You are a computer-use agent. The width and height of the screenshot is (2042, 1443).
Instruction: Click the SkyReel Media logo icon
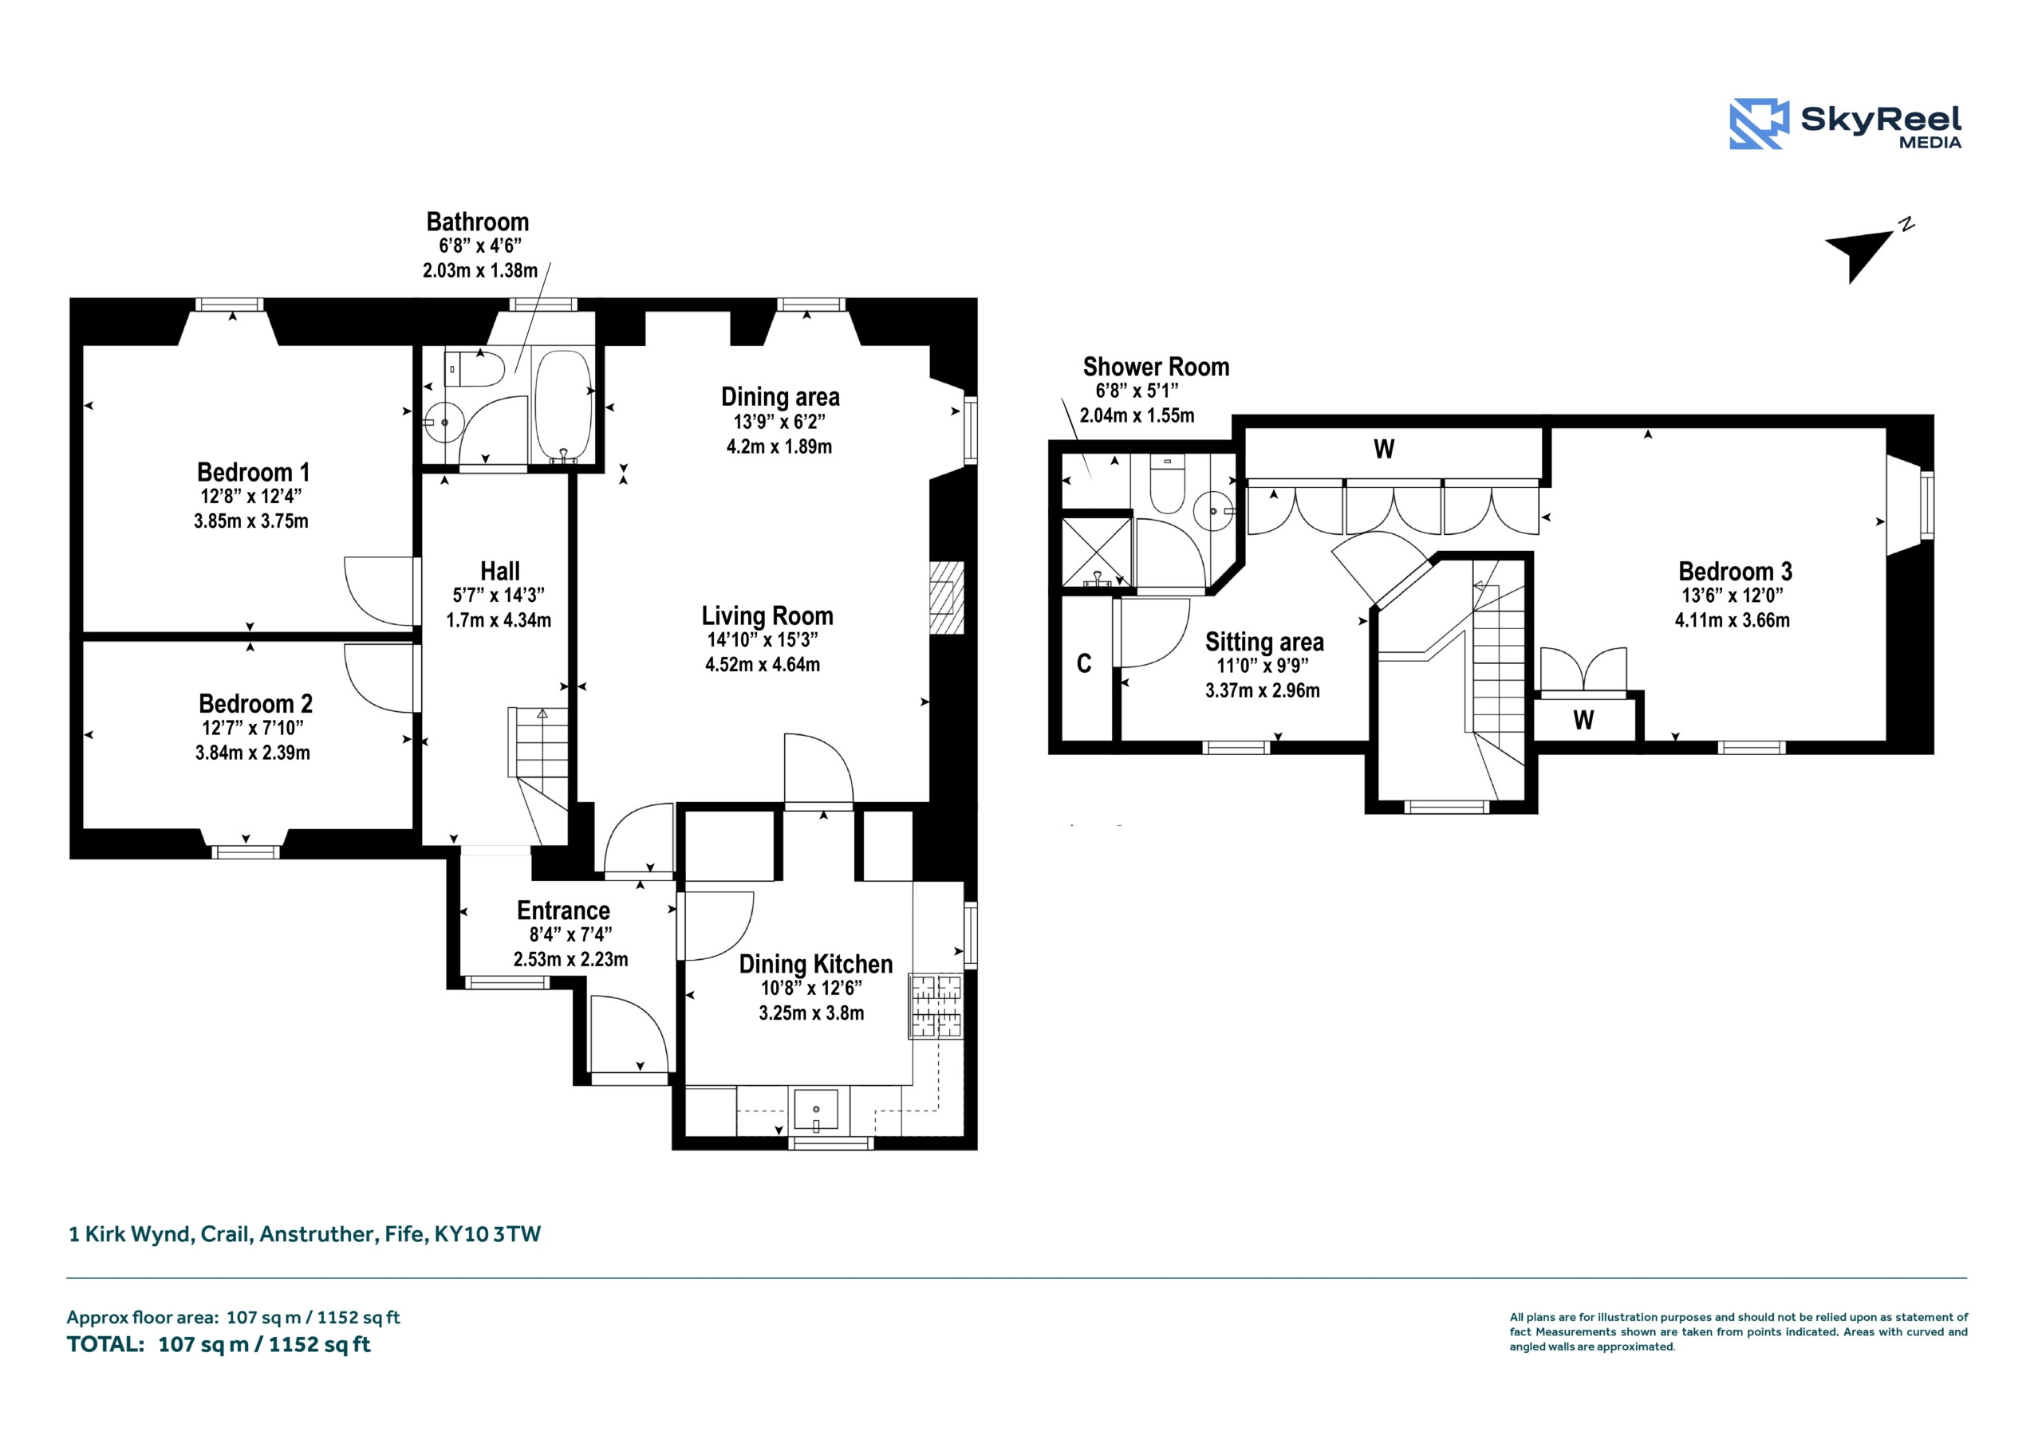1758,124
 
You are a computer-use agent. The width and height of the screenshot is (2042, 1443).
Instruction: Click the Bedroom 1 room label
254,472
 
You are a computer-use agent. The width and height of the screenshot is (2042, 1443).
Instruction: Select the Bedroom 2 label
255,703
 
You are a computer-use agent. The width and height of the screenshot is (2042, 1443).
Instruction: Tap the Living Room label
767,615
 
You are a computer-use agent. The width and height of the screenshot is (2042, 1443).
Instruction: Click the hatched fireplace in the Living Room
946,596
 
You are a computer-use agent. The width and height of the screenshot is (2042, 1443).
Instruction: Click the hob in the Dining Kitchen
936,1006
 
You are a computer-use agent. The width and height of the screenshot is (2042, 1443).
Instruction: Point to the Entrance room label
564,910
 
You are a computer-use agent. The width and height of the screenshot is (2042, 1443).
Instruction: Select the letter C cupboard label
1084,663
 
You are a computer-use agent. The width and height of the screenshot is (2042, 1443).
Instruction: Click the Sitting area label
1265,642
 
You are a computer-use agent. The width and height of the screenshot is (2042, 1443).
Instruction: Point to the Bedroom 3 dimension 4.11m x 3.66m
1733,620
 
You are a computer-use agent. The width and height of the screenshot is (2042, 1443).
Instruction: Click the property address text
305,1234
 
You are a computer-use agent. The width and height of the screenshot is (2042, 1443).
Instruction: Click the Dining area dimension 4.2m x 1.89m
779,446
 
